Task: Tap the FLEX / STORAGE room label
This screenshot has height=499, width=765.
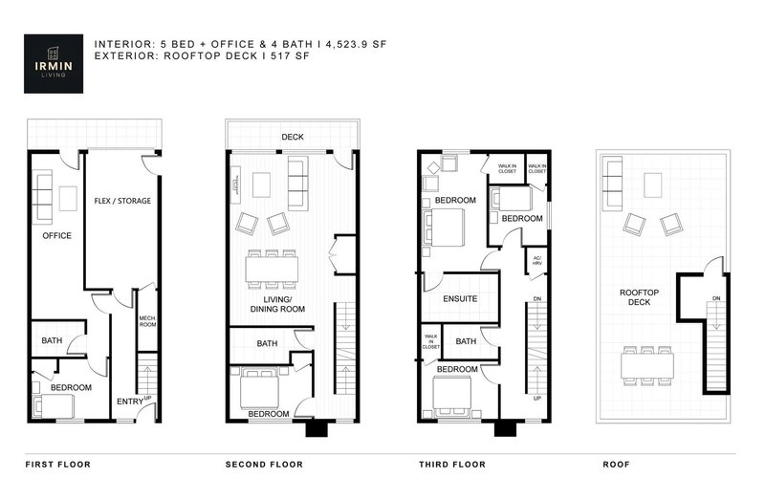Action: [122, 201]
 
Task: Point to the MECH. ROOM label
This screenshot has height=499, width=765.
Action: [147, 321]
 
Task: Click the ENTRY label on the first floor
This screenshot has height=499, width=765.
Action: [128, 401]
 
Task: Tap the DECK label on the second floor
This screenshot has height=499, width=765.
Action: [292, 138]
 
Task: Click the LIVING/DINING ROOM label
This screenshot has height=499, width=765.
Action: [278, 305]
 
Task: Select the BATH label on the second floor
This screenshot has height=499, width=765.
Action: [267, 344]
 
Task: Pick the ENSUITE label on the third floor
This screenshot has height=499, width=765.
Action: [460, 299]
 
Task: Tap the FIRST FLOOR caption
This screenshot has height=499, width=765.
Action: [57, 465]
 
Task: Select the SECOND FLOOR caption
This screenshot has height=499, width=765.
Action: [264, 465]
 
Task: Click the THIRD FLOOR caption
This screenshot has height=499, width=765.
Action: [452, 465]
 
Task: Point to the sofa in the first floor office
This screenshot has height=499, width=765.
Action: [42, 195]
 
